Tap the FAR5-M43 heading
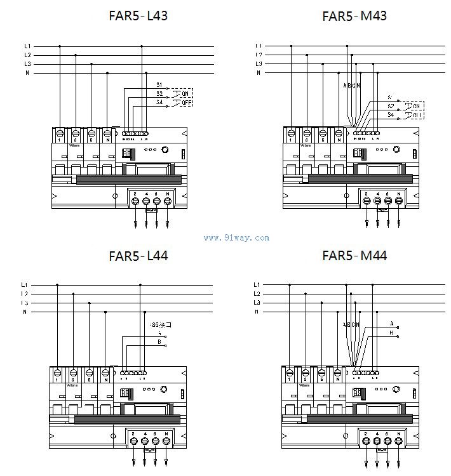[x=354, y=15]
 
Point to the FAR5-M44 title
[x=354, y=256]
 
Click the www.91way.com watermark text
[x=236, y=239]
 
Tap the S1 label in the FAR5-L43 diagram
[x=159, y=84]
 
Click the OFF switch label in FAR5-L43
[x=186, y=102]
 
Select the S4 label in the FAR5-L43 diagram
[x=159, y=102]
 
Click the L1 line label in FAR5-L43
[x=27, y=46]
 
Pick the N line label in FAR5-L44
[x=25, y=312]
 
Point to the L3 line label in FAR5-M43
[x=259, y=64]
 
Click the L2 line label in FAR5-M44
[x=257, y=294]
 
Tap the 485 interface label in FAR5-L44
[x=159, y=324]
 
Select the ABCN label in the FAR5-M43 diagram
[x=351, y=85]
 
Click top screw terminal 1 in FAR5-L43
[x=60, y=133]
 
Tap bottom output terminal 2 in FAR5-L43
[x=135, y=201]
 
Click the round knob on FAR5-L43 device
[x=165, y=151]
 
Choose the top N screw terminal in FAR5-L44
[x=105, y=373]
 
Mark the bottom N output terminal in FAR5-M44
[x=398, y=440]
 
